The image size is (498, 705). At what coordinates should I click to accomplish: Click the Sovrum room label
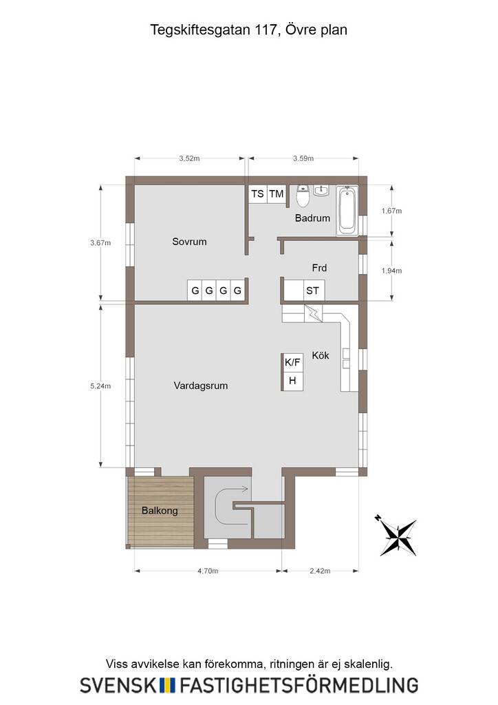coord(189,242)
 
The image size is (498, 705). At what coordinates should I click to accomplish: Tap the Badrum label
coord(312,218)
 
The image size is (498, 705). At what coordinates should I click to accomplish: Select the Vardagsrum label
coord(201,386)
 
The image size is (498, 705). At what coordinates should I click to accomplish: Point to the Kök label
coord(321,355)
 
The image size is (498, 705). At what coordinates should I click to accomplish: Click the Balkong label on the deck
coord(160,511)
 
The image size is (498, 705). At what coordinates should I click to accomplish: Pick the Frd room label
coord(319,268)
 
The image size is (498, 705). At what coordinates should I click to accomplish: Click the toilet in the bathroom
coord(303,196)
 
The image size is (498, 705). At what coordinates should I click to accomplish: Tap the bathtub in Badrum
coord(348,211)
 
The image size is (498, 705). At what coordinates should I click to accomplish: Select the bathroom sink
coord(321,191)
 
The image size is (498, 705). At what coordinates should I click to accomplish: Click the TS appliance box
coord(258,193)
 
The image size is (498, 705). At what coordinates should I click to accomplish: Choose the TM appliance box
coord(277,193)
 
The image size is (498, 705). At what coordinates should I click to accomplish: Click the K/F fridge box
coord(292,362)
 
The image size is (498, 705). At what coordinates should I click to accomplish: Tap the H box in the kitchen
coord(292,381)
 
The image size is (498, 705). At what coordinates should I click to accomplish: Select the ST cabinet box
coord(312,291)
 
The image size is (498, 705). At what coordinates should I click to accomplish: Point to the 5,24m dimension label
coord(100,386)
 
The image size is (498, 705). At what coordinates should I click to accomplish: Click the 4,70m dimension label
coord(208,571)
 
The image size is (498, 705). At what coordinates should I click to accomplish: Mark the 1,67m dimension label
coord(391,211)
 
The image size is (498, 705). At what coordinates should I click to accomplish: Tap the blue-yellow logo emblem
coord(168,685)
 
